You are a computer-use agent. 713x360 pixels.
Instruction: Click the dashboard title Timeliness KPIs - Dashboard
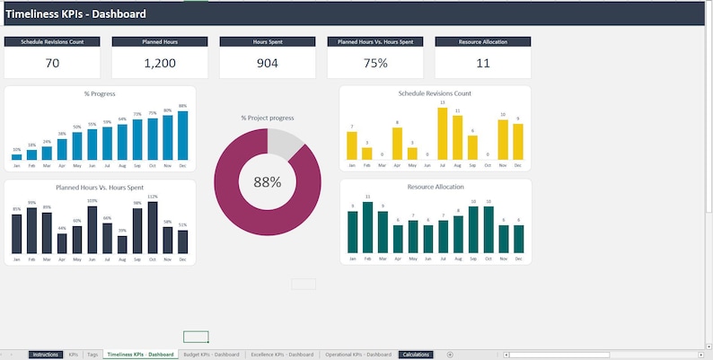coord(76,14)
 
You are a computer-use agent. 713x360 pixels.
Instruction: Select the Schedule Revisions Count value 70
coord(52,63)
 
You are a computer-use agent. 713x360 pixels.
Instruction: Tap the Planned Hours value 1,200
coord(160,63)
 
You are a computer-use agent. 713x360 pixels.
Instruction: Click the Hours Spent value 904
coord(268,63)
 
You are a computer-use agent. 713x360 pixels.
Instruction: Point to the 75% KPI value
coord(375,63)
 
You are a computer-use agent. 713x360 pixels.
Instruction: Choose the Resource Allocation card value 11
coord(483,63)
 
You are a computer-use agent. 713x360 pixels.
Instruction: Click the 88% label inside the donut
coord(268,181)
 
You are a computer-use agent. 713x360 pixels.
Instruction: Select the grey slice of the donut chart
coord(286,143)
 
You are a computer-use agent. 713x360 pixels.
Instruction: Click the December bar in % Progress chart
coord(182,136)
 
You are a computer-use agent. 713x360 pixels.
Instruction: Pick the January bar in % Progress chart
coord(16,155)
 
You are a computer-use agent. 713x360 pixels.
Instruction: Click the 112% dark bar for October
coord(153,227)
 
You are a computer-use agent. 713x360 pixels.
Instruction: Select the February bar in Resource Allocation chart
coord(367,227)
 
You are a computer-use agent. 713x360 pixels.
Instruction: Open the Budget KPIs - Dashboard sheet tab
coord(211,355)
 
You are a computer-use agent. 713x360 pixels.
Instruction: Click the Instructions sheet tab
coord(45,355)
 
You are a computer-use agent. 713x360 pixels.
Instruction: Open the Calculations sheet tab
coord(416,355)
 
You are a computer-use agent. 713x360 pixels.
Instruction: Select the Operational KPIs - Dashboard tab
coord(358,355)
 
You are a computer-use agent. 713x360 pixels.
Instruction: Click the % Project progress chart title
coord(268,118)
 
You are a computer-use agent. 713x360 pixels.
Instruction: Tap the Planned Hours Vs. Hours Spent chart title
coord(100,187)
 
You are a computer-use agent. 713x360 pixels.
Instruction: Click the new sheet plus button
coord(450,355)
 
